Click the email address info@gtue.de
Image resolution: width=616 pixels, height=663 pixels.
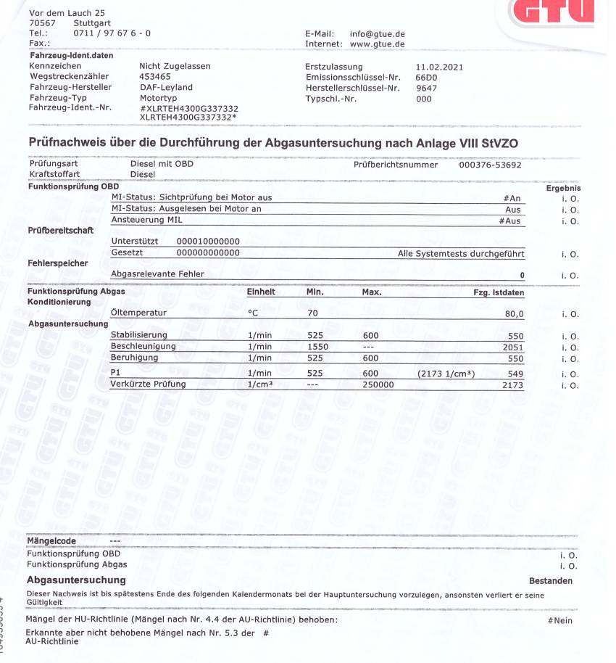tap(377, 33)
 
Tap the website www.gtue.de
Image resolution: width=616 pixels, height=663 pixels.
tap(377, 44)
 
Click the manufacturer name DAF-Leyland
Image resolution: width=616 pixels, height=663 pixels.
tap(166, 87)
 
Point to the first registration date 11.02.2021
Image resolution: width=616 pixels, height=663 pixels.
tap(438, 67)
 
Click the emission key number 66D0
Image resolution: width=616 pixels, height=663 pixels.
tap(426, 77)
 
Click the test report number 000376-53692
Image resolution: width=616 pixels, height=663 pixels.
tap(491, 165)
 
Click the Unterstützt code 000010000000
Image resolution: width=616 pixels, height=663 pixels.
tap(208, 242)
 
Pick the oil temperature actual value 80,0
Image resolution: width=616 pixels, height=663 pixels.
tap(514, 313)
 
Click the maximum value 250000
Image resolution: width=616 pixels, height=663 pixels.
tap(378, 384)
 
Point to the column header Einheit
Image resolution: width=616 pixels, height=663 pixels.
tap(261, 292)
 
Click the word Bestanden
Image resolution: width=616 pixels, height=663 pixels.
tap(551, 581)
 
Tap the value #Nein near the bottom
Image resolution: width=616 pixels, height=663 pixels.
tap(560, 621)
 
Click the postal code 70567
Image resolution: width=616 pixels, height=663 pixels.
tap(42, 23)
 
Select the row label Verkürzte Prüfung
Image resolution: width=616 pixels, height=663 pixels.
tap(148, 384)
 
